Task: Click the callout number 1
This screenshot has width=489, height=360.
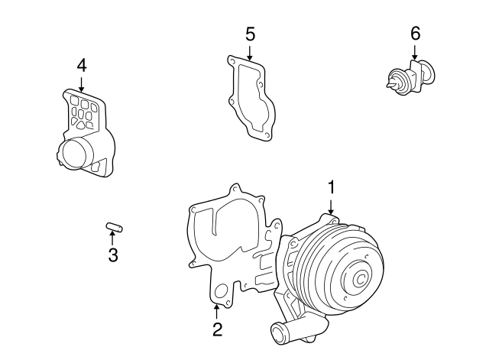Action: [x=332, y=186]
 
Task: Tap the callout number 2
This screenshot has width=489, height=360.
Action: [x=217, y=329]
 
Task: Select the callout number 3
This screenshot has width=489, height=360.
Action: [x=112, y=255]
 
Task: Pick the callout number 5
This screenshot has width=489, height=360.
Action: [x=250, y=34]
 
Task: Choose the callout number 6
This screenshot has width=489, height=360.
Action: [x=415, y=33]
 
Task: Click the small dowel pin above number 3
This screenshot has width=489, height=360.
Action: [x=114, y=226]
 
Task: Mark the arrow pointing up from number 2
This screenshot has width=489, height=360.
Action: [x=217, y=311]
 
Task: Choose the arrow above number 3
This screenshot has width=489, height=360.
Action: [x=112, y=238]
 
